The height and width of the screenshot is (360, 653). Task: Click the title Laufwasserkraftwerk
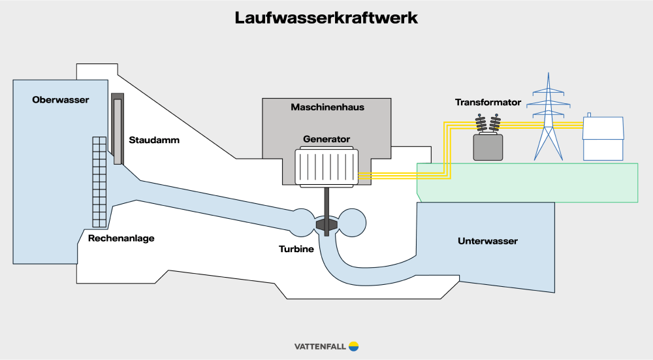[326, 18]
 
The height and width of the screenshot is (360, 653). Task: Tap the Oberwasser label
[60, 99]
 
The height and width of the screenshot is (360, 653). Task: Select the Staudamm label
[154, 140]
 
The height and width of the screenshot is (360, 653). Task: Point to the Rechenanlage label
[121, 238]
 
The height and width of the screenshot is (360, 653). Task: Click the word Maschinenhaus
[327, 107]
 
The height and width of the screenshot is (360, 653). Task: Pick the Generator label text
[326, 139]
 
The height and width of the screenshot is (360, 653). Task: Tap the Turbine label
[296, 249]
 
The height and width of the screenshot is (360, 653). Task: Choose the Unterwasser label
[488, 241]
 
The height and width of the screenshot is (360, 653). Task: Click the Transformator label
[488, 102]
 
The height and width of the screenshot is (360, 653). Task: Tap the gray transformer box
[488, 147]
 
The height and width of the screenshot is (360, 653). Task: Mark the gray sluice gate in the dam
[117, 129]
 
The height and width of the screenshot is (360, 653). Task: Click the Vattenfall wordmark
[320, 346]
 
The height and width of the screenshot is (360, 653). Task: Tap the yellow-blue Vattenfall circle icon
[354, 346]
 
